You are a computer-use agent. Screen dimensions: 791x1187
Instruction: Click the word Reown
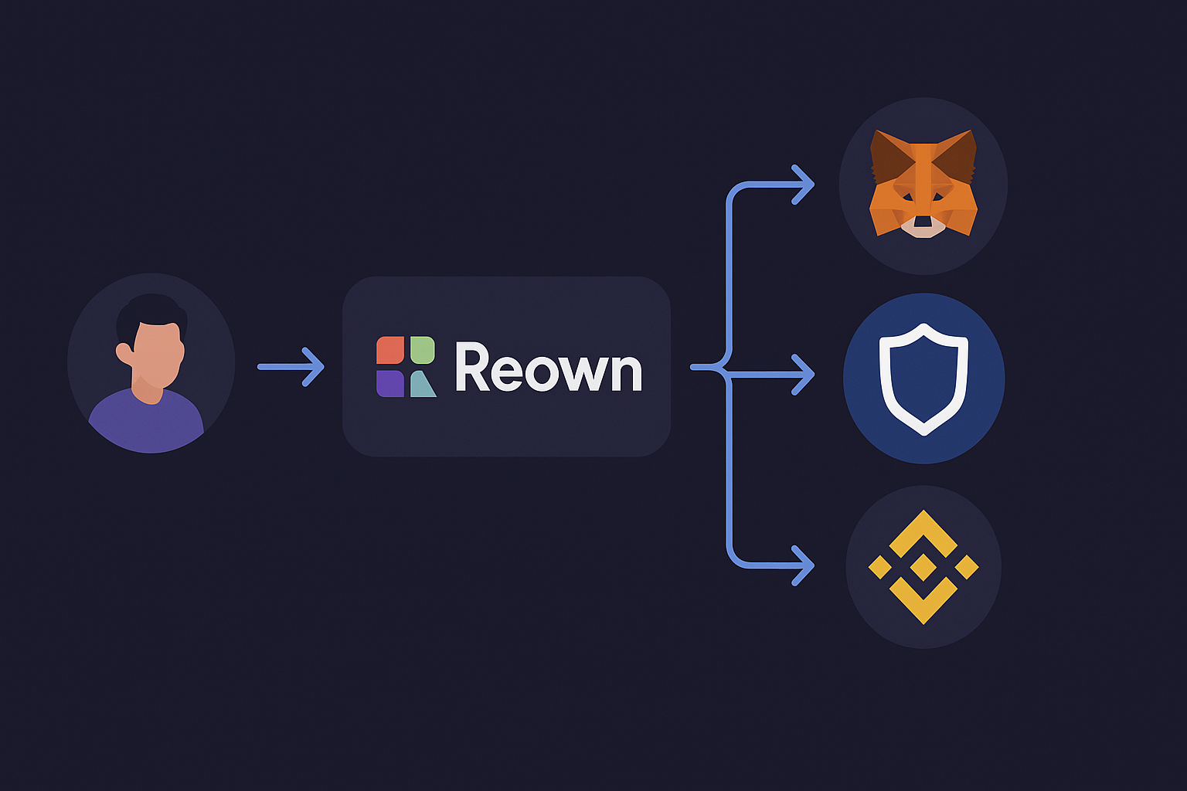[x=548, y=368]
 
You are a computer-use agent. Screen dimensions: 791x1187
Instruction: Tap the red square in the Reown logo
[x=389, y=350]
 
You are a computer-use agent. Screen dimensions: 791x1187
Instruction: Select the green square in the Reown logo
[x=422, y=350]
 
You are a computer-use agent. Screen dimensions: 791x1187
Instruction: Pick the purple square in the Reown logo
[x=389, y=383]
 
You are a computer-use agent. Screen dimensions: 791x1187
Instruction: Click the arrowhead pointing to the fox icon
[x=804, y=185]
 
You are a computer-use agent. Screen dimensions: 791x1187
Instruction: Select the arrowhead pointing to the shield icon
[x=804, y=375]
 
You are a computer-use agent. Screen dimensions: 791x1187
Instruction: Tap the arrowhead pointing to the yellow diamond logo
[x=804, y=565]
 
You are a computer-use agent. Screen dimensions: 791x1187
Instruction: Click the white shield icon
[x=923, y=378]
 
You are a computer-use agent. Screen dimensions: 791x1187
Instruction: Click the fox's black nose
[x=923, y=222]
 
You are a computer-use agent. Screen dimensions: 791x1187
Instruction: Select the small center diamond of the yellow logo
[x=923, y=567]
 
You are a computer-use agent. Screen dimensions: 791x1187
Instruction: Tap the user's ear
[x=124, y=353]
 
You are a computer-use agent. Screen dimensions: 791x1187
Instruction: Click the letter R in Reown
[x=471, y=368]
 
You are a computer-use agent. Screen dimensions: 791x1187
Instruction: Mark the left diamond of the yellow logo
[x=879, y=567]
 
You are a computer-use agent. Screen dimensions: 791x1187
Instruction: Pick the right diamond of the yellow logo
[x=967, y=567]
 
